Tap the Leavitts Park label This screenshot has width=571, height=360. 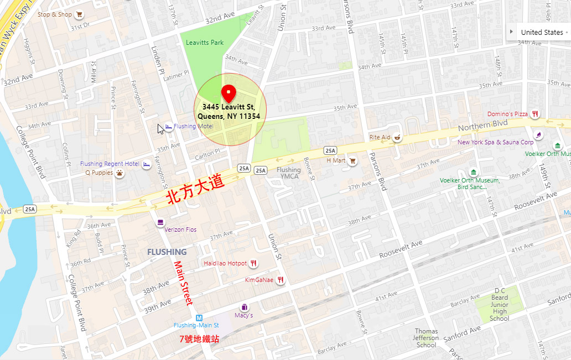tap(205, 43)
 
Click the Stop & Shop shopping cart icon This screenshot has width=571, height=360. tap(80, 14)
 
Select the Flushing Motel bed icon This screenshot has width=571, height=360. tap(169, 127)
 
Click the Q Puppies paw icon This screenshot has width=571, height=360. tap(120, 173)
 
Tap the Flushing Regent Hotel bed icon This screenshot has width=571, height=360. tap(147, 164)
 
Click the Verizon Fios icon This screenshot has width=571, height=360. tap(160, 222)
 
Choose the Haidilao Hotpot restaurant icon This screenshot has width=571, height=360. tap(254, 263)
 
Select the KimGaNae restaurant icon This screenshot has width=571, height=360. tap(281, 280)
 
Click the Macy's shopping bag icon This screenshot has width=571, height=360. tap(243, 307)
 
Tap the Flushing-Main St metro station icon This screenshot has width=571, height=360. tap(199, 317)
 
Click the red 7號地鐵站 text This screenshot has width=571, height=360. tap(199, 339)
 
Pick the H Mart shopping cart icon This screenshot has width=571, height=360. tap(352, 160)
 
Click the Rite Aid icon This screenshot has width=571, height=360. tap(397, 137)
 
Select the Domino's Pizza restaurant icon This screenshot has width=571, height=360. tap(535, 114)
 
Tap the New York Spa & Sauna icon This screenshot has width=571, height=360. tap(537, 134)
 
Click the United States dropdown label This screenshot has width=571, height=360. tap(541, 33)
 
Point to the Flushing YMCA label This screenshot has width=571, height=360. tap(288, 173)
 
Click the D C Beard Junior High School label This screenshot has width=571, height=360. tap(499, 304)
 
